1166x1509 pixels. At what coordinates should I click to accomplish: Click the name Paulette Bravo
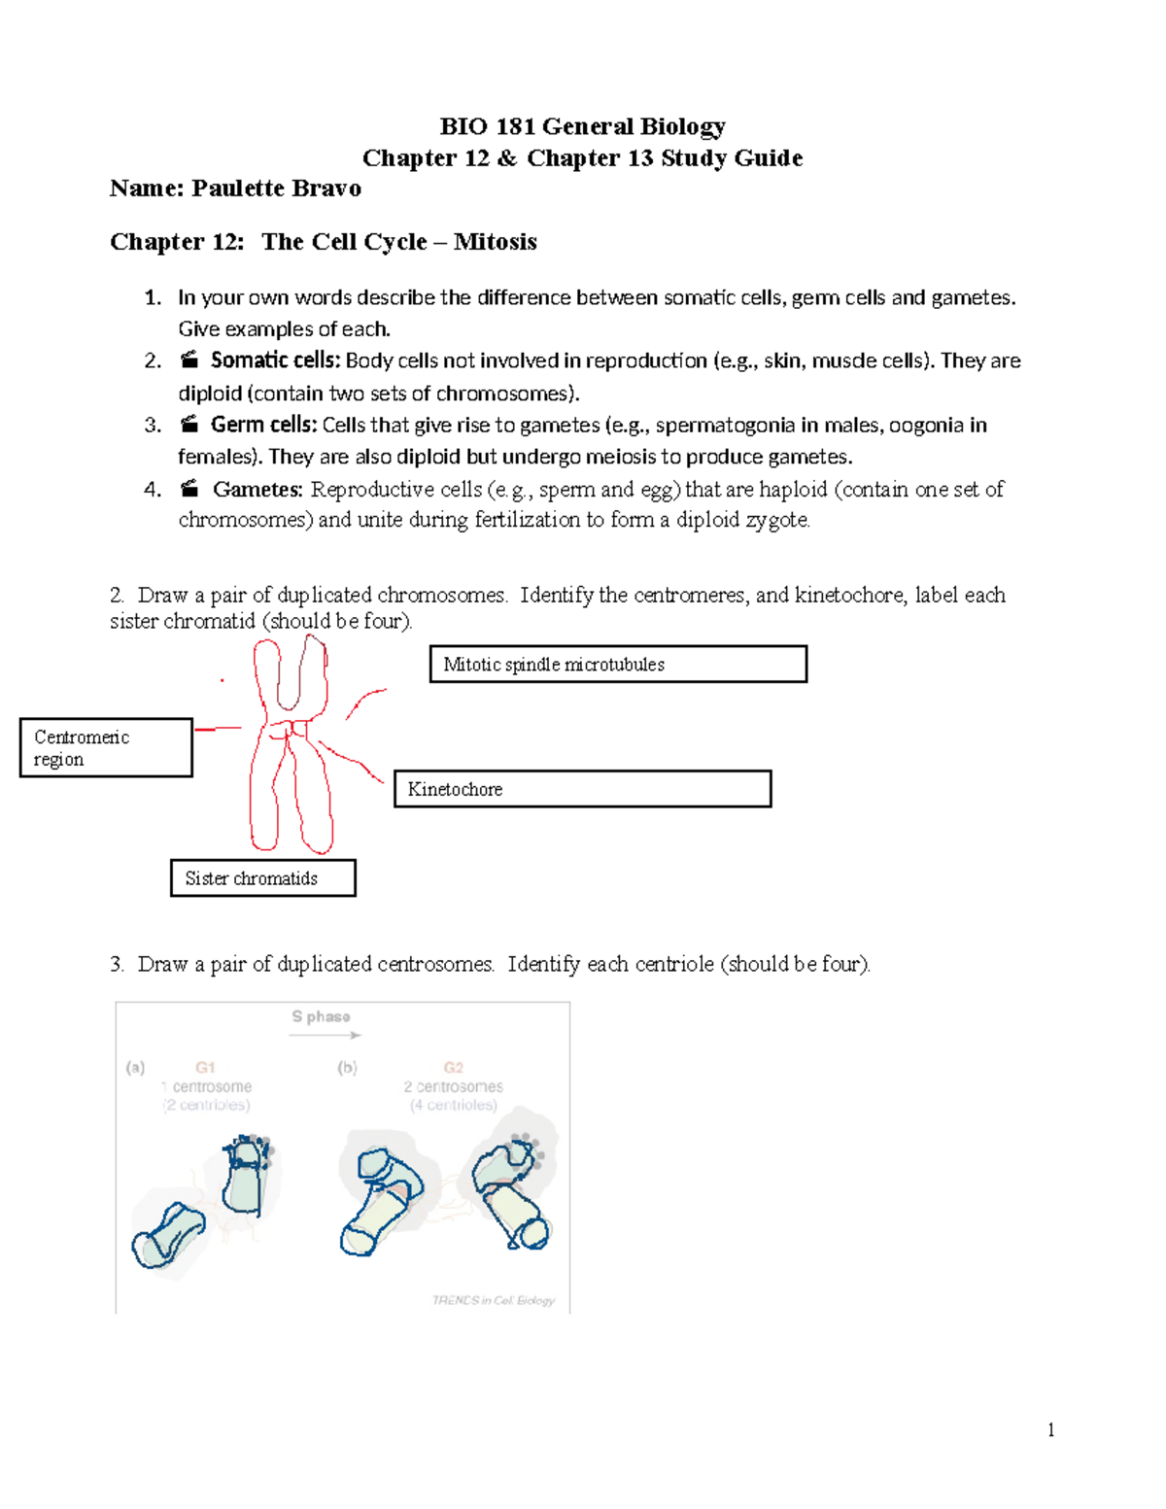click(276, 189)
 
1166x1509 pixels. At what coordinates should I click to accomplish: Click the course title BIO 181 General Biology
click(582, 126)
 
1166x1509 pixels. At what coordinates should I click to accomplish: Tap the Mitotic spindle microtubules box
click(618, 665)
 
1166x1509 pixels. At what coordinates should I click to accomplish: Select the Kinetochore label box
click(582, 789)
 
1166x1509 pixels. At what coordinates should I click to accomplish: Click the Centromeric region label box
click(106, 748)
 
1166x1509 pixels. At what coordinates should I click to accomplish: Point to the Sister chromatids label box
click(262, 878)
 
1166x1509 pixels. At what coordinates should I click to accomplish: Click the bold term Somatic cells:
click(275, 360)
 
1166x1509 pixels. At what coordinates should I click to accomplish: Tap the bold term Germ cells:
click(263, 425)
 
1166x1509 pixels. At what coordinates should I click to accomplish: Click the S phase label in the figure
click(321, 1016)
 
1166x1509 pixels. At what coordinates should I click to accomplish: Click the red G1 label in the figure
click(205, 1067)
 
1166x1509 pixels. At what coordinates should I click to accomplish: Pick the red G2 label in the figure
click(453, 1067)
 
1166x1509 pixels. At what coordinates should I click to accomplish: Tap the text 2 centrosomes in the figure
click(453, 1086)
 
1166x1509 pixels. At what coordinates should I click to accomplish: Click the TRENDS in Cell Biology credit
click(494, 1300)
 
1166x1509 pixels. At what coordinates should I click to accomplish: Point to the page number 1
click(1050, 1429)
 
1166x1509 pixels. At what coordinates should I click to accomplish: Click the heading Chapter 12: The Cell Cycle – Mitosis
click(323, 242)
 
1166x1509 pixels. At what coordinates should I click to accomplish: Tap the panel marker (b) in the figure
click(347, 1067)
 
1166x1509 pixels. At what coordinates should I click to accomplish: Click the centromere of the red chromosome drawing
click(291, 729)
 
